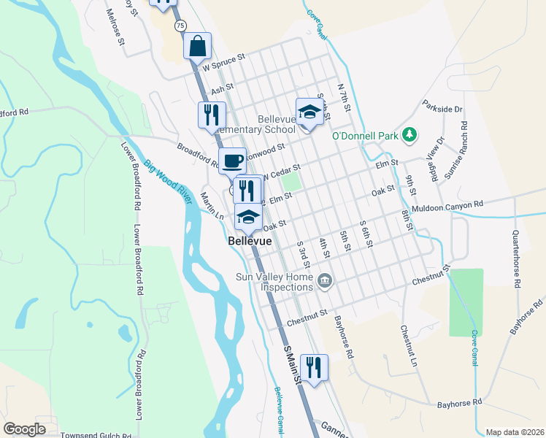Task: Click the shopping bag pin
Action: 197,46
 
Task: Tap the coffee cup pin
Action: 233,161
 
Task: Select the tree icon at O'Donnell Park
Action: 409,134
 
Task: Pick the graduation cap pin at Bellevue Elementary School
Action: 309,112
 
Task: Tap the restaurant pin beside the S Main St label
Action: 314,367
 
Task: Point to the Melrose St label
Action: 115,28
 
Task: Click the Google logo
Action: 24,429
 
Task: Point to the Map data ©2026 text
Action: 515,432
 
